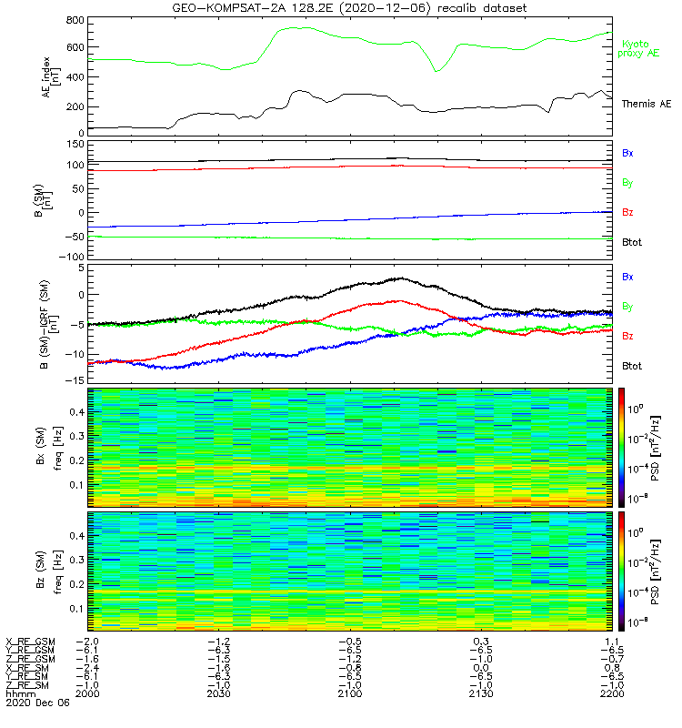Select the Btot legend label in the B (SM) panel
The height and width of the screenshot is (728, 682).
631,241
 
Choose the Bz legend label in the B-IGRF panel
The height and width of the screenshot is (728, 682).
627,336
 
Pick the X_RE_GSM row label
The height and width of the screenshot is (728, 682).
31,642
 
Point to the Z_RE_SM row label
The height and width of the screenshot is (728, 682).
30,684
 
